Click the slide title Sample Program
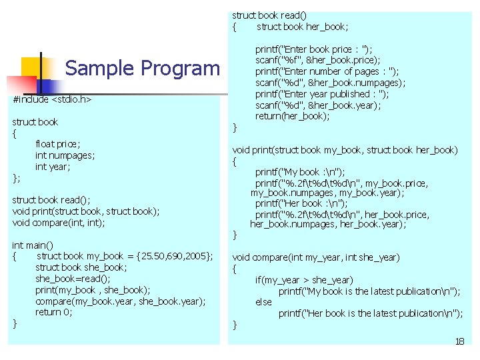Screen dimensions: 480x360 142,68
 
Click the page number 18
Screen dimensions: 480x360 459,341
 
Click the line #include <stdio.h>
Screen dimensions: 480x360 52,99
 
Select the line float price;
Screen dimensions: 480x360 58,144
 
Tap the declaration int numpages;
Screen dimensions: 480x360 65,155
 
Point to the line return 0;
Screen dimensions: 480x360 54,312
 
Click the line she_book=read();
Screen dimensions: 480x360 73,279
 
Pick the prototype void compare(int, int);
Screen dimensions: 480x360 59,223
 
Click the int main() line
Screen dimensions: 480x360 33,245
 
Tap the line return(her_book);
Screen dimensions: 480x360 293,116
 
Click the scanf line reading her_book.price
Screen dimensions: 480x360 319,60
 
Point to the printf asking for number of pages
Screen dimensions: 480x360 327,71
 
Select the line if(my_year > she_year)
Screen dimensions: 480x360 304,280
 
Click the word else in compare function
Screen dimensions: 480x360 264,302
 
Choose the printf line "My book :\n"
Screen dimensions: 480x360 300,172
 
